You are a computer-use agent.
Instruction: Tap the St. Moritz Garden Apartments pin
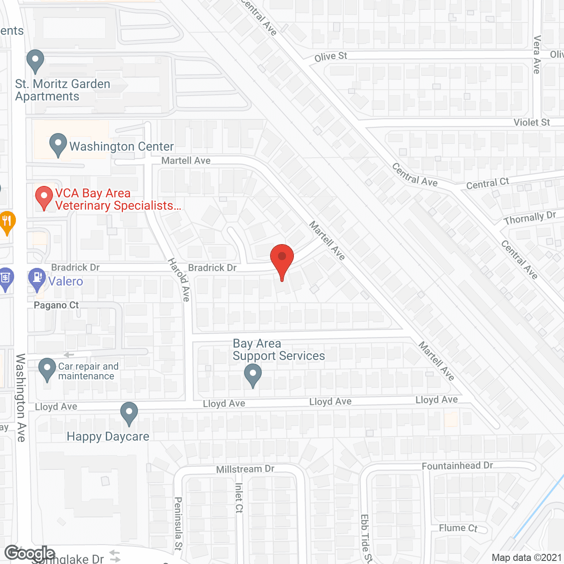(35, 60)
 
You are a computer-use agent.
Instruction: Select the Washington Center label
(122, 146)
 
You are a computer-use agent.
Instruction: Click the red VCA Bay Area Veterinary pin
(44, 197)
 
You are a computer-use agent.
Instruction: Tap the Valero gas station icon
(37, 278)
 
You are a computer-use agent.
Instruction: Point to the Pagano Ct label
(56, 305)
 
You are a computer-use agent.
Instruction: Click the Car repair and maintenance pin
(47, 369)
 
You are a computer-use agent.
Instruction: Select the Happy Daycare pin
(129, 413)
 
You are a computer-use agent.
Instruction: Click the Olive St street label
(331, 57)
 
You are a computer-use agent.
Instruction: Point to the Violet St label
(532, 122)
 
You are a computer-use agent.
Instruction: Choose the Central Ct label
(487, 183)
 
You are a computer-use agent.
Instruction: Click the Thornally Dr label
(530, 218)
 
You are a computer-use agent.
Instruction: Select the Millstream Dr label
(245, 469)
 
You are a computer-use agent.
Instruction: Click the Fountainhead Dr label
(457, 466)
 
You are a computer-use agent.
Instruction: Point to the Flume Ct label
(458, 528)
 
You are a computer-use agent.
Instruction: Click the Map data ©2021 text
(527, 558)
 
